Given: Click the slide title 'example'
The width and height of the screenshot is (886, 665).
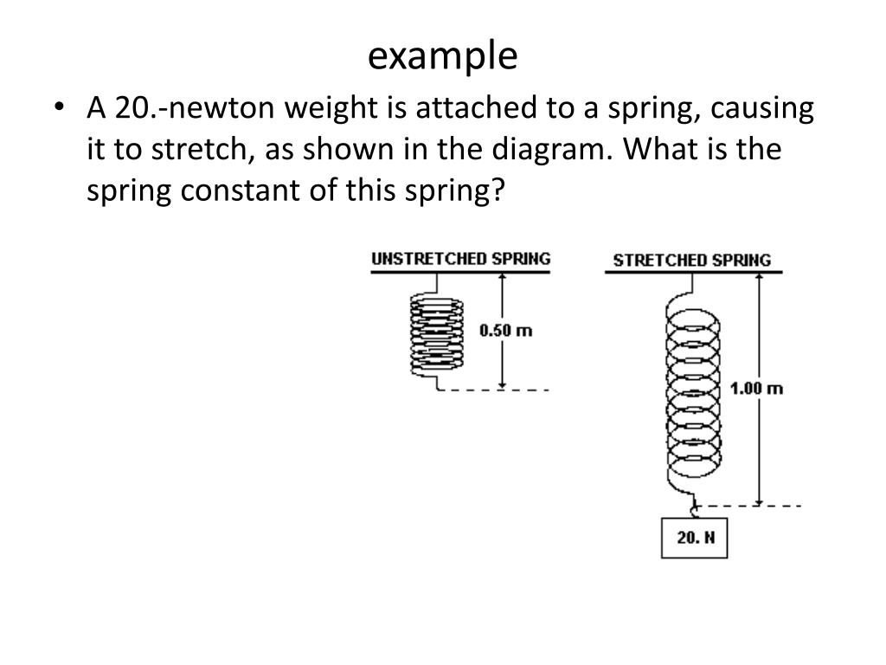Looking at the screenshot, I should point(442,56).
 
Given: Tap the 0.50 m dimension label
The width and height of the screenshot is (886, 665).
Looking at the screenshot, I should point(505,330).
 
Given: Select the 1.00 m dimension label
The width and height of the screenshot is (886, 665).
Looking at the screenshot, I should point(756,388).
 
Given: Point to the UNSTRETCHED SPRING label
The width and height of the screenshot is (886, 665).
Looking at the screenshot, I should point(460,258).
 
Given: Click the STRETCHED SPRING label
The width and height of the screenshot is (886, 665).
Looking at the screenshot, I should point(691,260).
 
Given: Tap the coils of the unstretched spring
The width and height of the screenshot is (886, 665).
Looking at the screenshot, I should point(437,333).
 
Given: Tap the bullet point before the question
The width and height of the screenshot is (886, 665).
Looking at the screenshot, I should point(58,109).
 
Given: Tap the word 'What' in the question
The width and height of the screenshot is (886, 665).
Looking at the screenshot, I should point(661,149).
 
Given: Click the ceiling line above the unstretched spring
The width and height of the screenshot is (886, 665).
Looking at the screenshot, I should point(460,273).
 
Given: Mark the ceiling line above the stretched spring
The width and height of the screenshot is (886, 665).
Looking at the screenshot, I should point(692,273).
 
